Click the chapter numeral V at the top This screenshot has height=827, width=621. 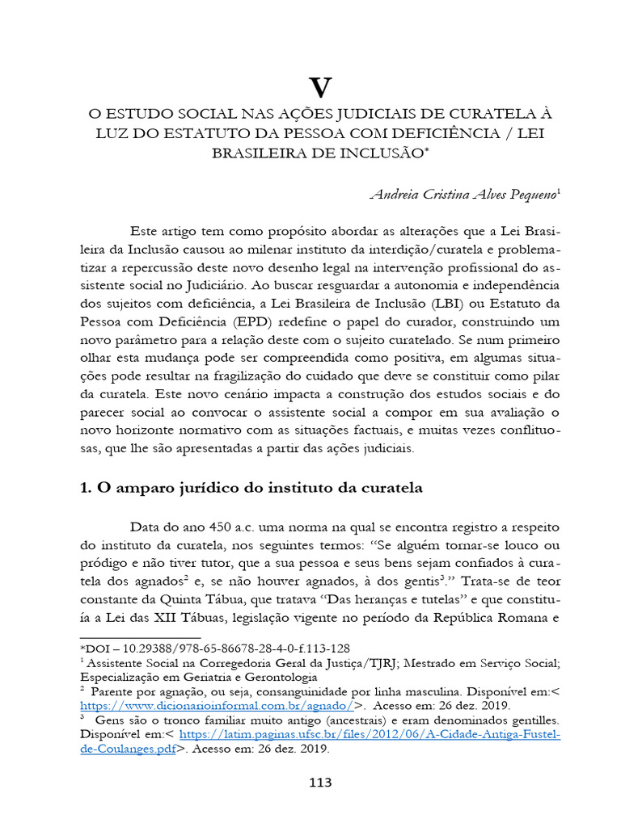pos(321,86)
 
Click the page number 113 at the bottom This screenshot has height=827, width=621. pos(321,783)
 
